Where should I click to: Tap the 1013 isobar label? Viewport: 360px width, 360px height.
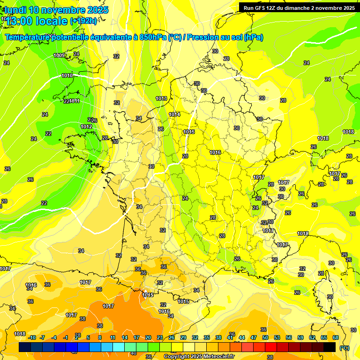coord(162,98)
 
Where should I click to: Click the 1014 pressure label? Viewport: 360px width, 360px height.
coord(174,114)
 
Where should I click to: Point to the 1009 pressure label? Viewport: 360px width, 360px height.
coord(60,55)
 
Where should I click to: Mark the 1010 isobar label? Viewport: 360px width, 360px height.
coord(67,75)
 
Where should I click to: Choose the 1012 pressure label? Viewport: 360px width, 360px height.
coord(86,127)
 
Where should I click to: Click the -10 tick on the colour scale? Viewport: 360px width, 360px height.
coord(32,337)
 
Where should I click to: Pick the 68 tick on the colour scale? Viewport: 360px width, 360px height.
coord(335,337)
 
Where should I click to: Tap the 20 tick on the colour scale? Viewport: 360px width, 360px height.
coord(148,337)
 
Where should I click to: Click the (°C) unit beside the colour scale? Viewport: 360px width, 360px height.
coord(344,347)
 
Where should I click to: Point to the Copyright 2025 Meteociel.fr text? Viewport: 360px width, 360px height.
coord(199,357)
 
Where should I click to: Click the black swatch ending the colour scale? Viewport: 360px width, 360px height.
coord(330,347)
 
